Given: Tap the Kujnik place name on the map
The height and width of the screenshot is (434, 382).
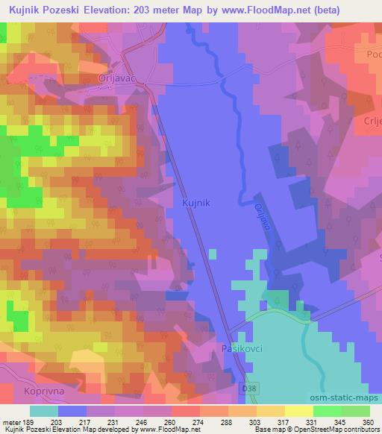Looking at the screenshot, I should click(196, 201).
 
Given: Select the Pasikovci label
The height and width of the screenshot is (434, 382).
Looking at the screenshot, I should click(242, 348).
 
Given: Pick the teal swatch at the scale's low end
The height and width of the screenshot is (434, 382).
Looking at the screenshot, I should click(45, 410).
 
